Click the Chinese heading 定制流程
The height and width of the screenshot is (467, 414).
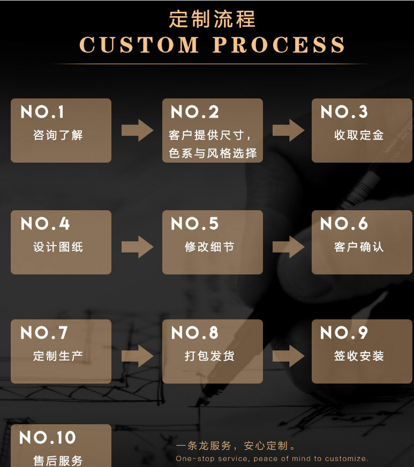pyautogui.click(x=212, y=19)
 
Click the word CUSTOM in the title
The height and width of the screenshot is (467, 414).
pyautogui.click(x=139, y=45)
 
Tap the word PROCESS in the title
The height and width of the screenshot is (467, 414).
pyautogui.click(x=278, y=45)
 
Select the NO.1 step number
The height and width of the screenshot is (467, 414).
pyautogui.click(x=42, y=112)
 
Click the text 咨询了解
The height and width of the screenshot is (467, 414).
pyautogui.click(x=58, y=135)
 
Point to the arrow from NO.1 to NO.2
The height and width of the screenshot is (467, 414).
pyautogui.click(x=137, y=131)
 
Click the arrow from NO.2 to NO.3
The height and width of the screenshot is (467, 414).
pyautogui.click(x=288, y=131)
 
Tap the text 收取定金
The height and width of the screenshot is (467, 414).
pyautogui.click(x=359, y=135)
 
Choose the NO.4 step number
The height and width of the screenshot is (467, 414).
pyautogui.click(x=45, y=224)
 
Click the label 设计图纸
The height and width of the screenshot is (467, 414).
pyautogui.click(x=58, y=247)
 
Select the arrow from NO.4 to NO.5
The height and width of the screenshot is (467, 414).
pyautogui.click(x=137, y=247)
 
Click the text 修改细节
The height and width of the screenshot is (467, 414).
pyautogui.click(x=209, y=247)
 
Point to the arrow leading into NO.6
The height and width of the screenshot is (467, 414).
pyautogui.click(x=288, y=247)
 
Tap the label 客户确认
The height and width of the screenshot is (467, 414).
pyautogui.click(x=359, y=247)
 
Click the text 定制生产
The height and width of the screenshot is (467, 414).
pyautogui.click(x=58, y=356)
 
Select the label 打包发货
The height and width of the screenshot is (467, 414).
pyautogui.click(x=209, y=356)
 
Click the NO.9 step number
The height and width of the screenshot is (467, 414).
pyautogui.click(x=344, y=333)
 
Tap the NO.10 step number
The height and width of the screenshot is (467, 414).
pyautogui.click(x=48, y=438)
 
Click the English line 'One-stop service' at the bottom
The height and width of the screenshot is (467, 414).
pyautogui.click(x=272, y=458)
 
